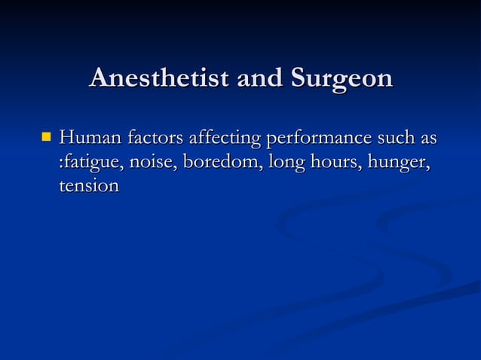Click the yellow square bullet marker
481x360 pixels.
[47, 138]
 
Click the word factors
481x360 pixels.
[155, 139]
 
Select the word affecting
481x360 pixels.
[223, 140]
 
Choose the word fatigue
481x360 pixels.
[93, 163]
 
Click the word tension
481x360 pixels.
[89, 185]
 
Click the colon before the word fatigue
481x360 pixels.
[61, 163]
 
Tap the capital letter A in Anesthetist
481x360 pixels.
[98, 78]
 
